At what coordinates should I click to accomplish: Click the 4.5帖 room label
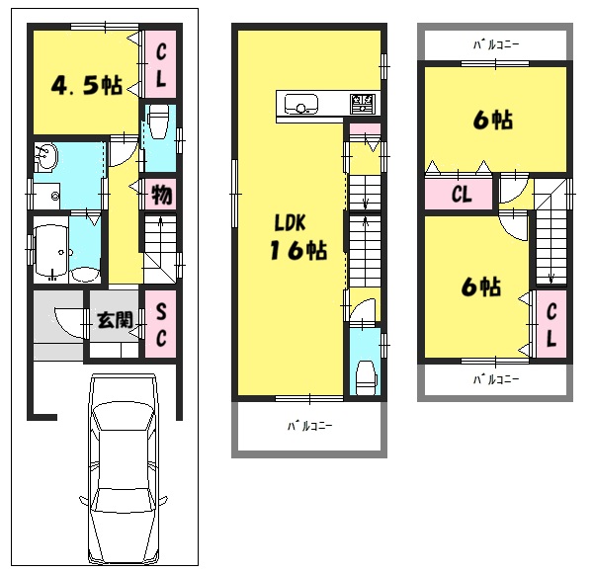coord(87,85)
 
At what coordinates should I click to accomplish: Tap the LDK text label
coord(290,222)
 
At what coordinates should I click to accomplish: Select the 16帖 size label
coord(298,250)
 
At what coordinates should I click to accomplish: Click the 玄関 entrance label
coord(116,320)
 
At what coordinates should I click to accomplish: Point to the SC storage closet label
coord(161,324)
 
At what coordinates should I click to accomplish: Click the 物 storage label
coord(162,195)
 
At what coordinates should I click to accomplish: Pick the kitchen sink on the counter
coord(300,104)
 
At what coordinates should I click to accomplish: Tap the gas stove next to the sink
coord(363,104)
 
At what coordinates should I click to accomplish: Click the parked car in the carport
coord(124,468)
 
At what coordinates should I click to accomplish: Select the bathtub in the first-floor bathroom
coord(50,251)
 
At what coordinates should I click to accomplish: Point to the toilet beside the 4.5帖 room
coord(158,122)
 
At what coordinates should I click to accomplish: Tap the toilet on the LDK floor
coord(367,377)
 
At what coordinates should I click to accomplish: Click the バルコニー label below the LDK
coord(309,426)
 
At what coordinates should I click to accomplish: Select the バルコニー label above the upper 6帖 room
coord(496,44)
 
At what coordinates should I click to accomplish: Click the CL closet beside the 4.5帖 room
coord(161,65)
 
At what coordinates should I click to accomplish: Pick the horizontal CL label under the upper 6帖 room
coord(462,195)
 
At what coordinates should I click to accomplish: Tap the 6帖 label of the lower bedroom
coord(481,286)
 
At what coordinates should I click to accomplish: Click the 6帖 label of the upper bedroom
coord(493,120)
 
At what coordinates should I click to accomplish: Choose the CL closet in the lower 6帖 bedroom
coord(551,324)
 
